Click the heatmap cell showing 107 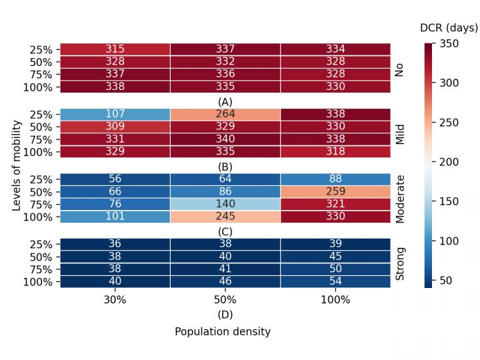tap(115, 114)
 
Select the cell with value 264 tap(225, 114)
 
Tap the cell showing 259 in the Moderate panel tap(335, 191)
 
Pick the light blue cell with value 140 tap(225, 204)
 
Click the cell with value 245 tap(225, 217)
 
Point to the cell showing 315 tap(115, 49)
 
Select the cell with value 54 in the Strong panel tap(335, 281)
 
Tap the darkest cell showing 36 tap(115, 243)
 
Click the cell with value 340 tap(225, 139)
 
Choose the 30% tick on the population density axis tap(115, 300)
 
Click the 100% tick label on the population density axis tap(335, 300)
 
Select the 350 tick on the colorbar tap(449, 43)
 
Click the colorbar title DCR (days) tap(449, 28)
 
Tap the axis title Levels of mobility tap(17, 165)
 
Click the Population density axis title tap(223, 331)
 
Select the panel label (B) tap(225, 167)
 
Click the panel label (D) tap(225, 315)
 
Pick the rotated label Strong tap(400, 263)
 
